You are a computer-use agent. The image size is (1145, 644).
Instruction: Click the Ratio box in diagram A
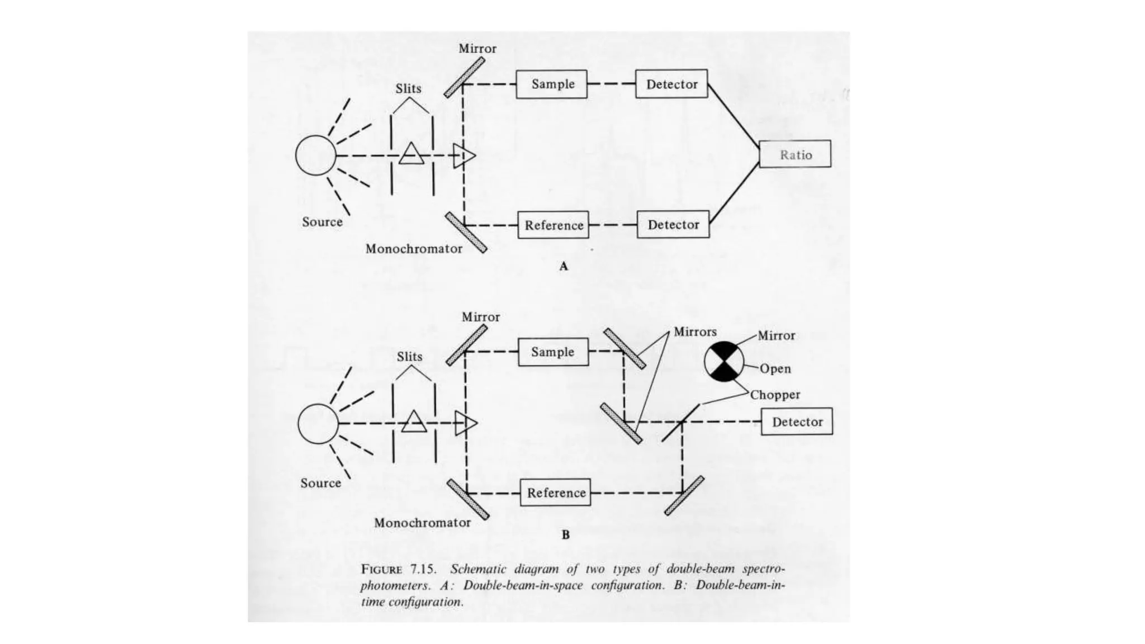click(x=795, y=154)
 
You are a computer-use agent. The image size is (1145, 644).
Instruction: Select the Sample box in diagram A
click(x=551, y=84)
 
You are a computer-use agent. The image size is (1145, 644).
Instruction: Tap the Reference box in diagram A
click(x=553, y=225)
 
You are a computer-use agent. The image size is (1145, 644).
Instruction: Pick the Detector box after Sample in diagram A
click(x=671, y=84)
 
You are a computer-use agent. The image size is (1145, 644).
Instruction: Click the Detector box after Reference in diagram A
click(x=673, y=224)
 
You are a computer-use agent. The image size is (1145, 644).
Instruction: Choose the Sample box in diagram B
click(x=553, y=352)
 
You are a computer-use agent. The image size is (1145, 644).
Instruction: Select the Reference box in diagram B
click(x=555, y=493)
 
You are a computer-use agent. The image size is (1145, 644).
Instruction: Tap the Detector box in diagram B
click(x=797, y=422)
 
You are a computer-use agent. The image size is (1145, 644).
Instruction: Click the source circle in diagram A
click(x=316, y=155)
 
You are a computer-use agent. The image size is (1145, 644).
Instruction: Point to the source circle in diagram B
click(x=318, y=424)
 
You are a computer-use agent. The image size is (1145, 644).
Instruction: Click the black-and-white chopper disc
click(x=724, y=362)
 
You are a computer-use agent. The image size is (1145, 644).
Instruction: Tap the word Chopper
click(x=775, y=395)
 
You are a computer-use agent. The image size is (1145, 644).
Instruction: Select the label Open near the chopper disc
click(x=775, y=369)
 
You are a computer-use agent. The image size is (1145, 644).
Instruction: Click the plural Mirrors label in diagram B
click(x=695, y=332)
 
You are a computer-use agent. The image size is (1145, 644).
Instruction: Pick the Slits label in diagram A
click(x=408, y=89)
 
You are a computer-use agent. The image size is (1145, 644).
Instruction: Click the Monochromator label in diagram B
click(x=422, y=523)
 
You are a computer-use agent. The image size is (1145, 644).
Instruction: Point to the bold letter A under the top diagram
click(x=564, y=267)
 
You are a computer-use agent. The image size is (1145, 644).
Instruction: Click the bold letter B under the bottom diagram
click(x=566, y=535)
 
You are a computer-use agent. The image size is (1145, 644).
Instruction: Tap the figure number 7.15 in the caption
click(x=423, y=570)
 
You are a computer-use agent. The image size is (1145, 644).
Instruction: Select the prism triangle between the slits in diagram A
click(x=411, y=154)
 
